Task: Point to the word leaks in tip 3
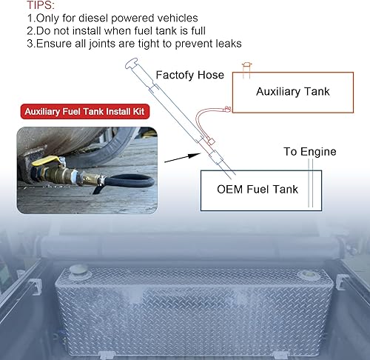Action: (226, 44)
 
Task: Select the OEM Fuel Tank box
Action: (258, 190)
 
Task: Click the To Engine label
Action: (309, 152)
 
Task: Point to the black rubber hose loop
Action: (133, 182)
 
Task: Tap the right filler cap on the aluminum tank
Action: (306, 276)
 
